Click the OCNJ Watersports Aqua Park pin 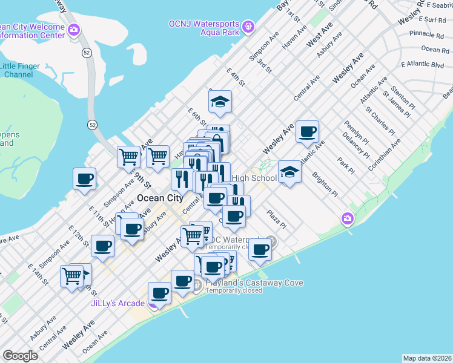pyautogui.click(x=247, y=27)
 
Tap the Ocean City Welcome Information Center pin pyautogui.click(x=74, y=30)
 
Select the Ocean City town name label pyautogui.click(x=160, y=198)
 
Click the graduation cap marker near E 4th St pyautogui.click(x=220, y=103)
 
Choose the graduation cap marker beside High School pyautogui.click(x=289, y=173)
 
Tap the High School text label pyautogui.click(x=254, y=178)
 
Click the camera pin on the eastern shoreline pyautogui.click(x=348, y=218)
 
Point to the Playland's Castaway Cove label pyautogui.click(x=254, y=283)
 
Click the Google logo pyautogui.click(x=20, y=356)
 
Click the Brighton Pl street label pyautogui.click(x=325, y=185)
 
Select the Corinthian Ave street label pyautogui.click(x=386, y=155)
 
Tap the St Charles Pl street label pyautogui.click(x=380, y=121)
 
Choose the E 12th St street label pyautogui.click(x=79, y=240)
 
